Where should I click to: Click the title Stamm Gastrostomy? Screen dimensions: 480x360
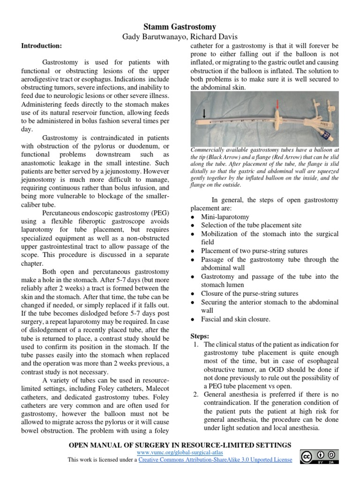(x=180, y=27)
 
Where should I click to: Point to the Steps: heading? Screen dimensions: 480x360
(x=200, y=336)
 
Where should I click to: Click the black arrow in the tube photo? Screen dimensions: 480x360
(x=204, y=113)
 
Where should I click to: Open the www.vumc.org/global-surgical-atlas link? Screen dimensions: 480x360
(x=180, y=453)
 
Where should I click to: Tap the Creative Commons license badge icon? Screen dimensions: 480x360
(x=320, y=457)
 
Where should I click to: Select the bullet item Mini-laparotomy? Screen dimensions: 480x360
(x=225, y=217)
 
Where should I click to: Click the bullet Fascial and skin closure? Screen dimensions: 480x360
(x=236, y=319)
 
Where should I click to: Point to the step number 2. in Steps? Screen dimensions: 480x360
(x=196, y=395)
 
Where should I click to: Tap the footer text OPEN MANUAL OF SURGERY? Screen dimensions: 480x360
(x=127, y=444)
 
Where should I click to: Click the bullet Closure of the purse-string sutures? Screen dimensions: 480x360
(x=249, y=293)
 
